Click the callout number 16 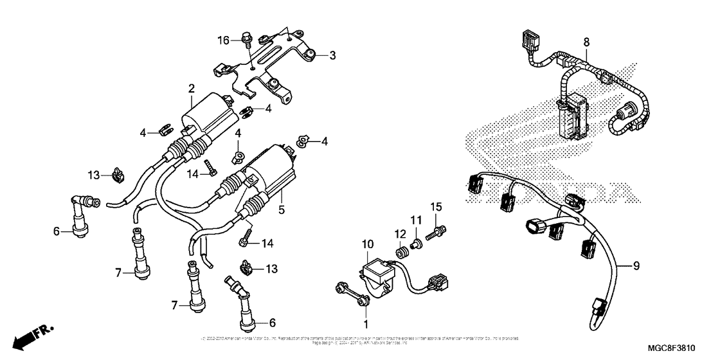pos(223,40)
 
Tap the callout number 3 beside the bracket pos(332,56)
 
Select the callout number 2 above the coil pos(192,87)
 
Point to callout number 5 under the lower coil pos(281,209)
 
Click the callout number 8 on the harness pos(586,41)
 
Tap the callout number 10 pos(367,244)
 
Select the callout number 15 pos(437,206)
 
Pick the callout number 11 pos(415,221)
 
